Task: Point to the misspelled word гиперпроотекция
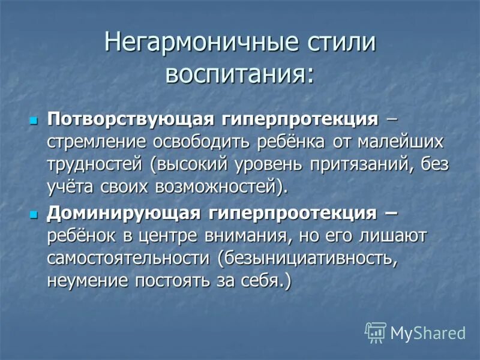point(292,212)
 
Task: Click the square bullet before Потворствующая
point(34,120)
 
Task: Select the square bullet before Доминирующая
point(34,213)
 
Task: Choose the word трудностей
point(95,164)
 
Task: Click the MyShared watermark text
point(428,333)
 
